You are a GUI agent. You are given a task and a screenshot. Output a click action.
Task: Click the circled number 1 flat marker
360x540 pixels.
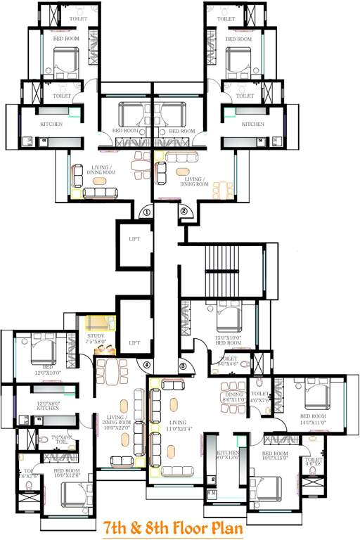coord(146,210)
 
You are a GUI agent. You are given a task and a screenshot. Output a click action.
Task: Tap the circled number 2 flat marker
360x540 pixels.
coord(184,210)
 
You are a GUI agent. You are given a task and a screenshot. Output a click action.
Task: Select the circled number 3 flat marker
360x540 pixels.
coord(183,365)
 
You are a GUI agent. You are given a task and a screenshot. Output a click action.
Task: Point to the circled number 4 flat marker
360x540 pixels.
coord(146,365)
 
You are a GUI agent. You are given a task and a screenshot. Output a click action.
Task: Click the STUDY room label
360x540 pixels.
coord(96,336)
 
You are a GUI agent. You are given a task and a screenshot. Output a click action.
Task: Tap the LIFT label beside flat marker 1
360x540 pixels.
coord(134,239)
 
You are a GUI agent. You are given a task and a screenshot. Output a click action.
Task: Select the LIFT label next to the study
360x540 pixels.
coord(134,342)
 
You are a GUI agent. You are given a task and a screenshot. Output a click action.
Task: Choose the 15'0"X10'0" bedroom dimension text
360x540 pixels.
coord(228,338)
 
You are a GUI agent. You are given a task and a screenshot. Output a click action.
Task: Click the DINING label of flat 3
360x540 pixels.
coord(232,394)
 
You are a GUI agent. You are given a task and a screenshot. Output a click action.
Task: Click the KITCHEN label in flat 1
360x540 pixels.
coord(51,124)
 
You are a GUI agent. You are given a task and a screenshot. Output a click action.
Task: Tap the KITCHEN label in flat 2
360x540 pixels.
coord(253,124)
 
